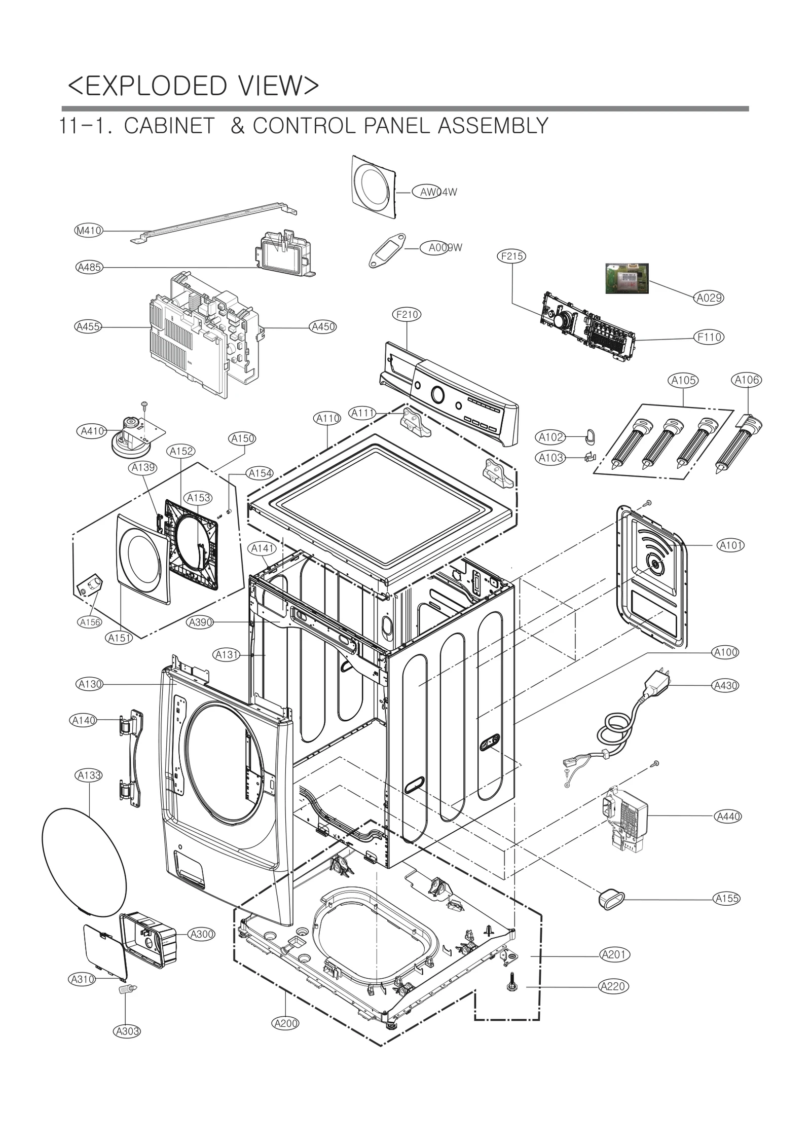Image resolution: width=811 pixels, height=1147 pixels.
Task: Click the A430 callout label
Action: [725, 686]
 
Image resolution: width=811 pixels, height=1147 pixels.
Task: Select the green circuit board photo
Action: [627, 278]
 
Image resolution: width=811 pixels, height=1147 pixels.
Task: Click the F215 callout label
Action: [511, 256]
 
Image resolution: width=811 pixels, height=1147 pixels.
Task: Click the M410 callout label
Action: [89, 231]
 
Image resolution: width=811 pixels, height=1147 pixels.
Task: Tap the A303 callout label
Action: [127, 1031]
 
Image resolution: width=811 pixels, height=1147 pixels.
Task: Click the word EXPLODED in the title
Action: [156, 86]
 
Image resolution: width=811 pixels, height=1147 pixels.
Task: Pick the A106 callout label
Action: [747, 380]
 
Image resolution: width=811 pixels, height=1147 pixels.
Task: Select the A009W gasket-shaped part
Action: [387, 249]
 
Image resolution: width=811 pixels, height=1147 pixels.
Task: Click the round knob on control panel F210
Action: [436, 393]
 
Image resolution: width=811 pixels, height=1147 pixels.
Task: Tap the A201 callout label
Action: [614, 954]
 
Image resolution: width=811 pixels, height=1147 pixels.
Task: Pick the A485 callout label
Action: [89, 267]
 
